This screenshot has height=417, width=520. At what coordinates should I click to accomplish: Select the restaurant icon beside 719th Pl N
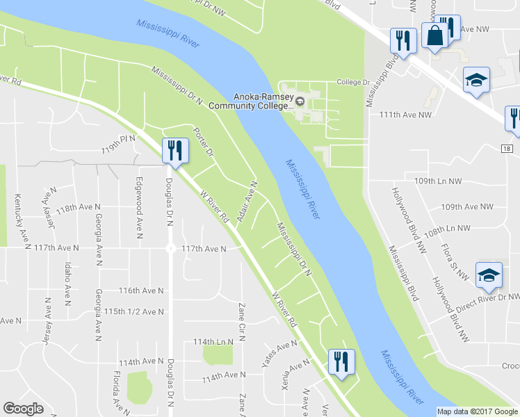tap(174, 150)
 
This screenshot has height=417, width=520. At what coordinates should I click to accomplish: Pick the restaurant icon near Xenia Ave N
tap(341, 362)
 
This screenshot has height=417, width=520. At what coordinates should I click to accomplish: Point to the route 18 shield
tap(508, 149)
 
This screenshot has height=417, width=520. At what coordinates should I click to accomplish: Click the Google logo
tap(23, 409)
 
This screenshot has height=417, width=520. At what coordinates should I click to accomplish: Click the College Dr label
tap(352, 82)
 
